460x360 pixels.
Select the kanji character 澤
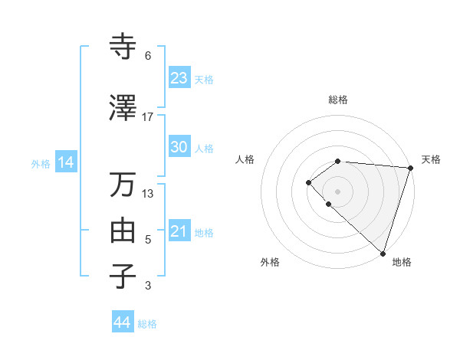pos(123,108)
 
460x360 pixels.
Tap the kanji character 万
pos(123,185)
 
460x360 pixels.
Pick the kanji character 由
pos(123,231)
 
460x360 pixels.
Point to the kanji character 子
pos(123,277)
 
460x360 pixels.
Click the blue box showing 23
pos(179,78)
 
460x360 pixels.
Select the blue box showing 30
pos(179,147)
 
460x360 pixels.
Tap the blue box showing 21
pos(179,231)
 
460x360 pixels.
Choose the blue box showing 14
pos(65,162)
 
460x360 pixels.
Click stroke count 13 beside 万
pos(148,194)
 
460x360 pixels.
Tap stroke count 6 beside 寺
pos(148,56)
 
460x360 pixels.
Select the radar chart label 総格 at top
pos(338,100)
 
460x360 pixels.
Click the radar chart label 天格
pos(431,159)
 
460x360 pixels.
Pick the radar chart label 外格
pos(270,262)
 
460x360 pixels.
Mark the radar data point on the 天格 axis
pos(410,168)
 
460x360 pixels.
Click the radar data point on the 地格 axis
pos(383,253)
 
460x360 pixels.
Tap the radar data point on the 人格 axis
pos(308,182)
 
